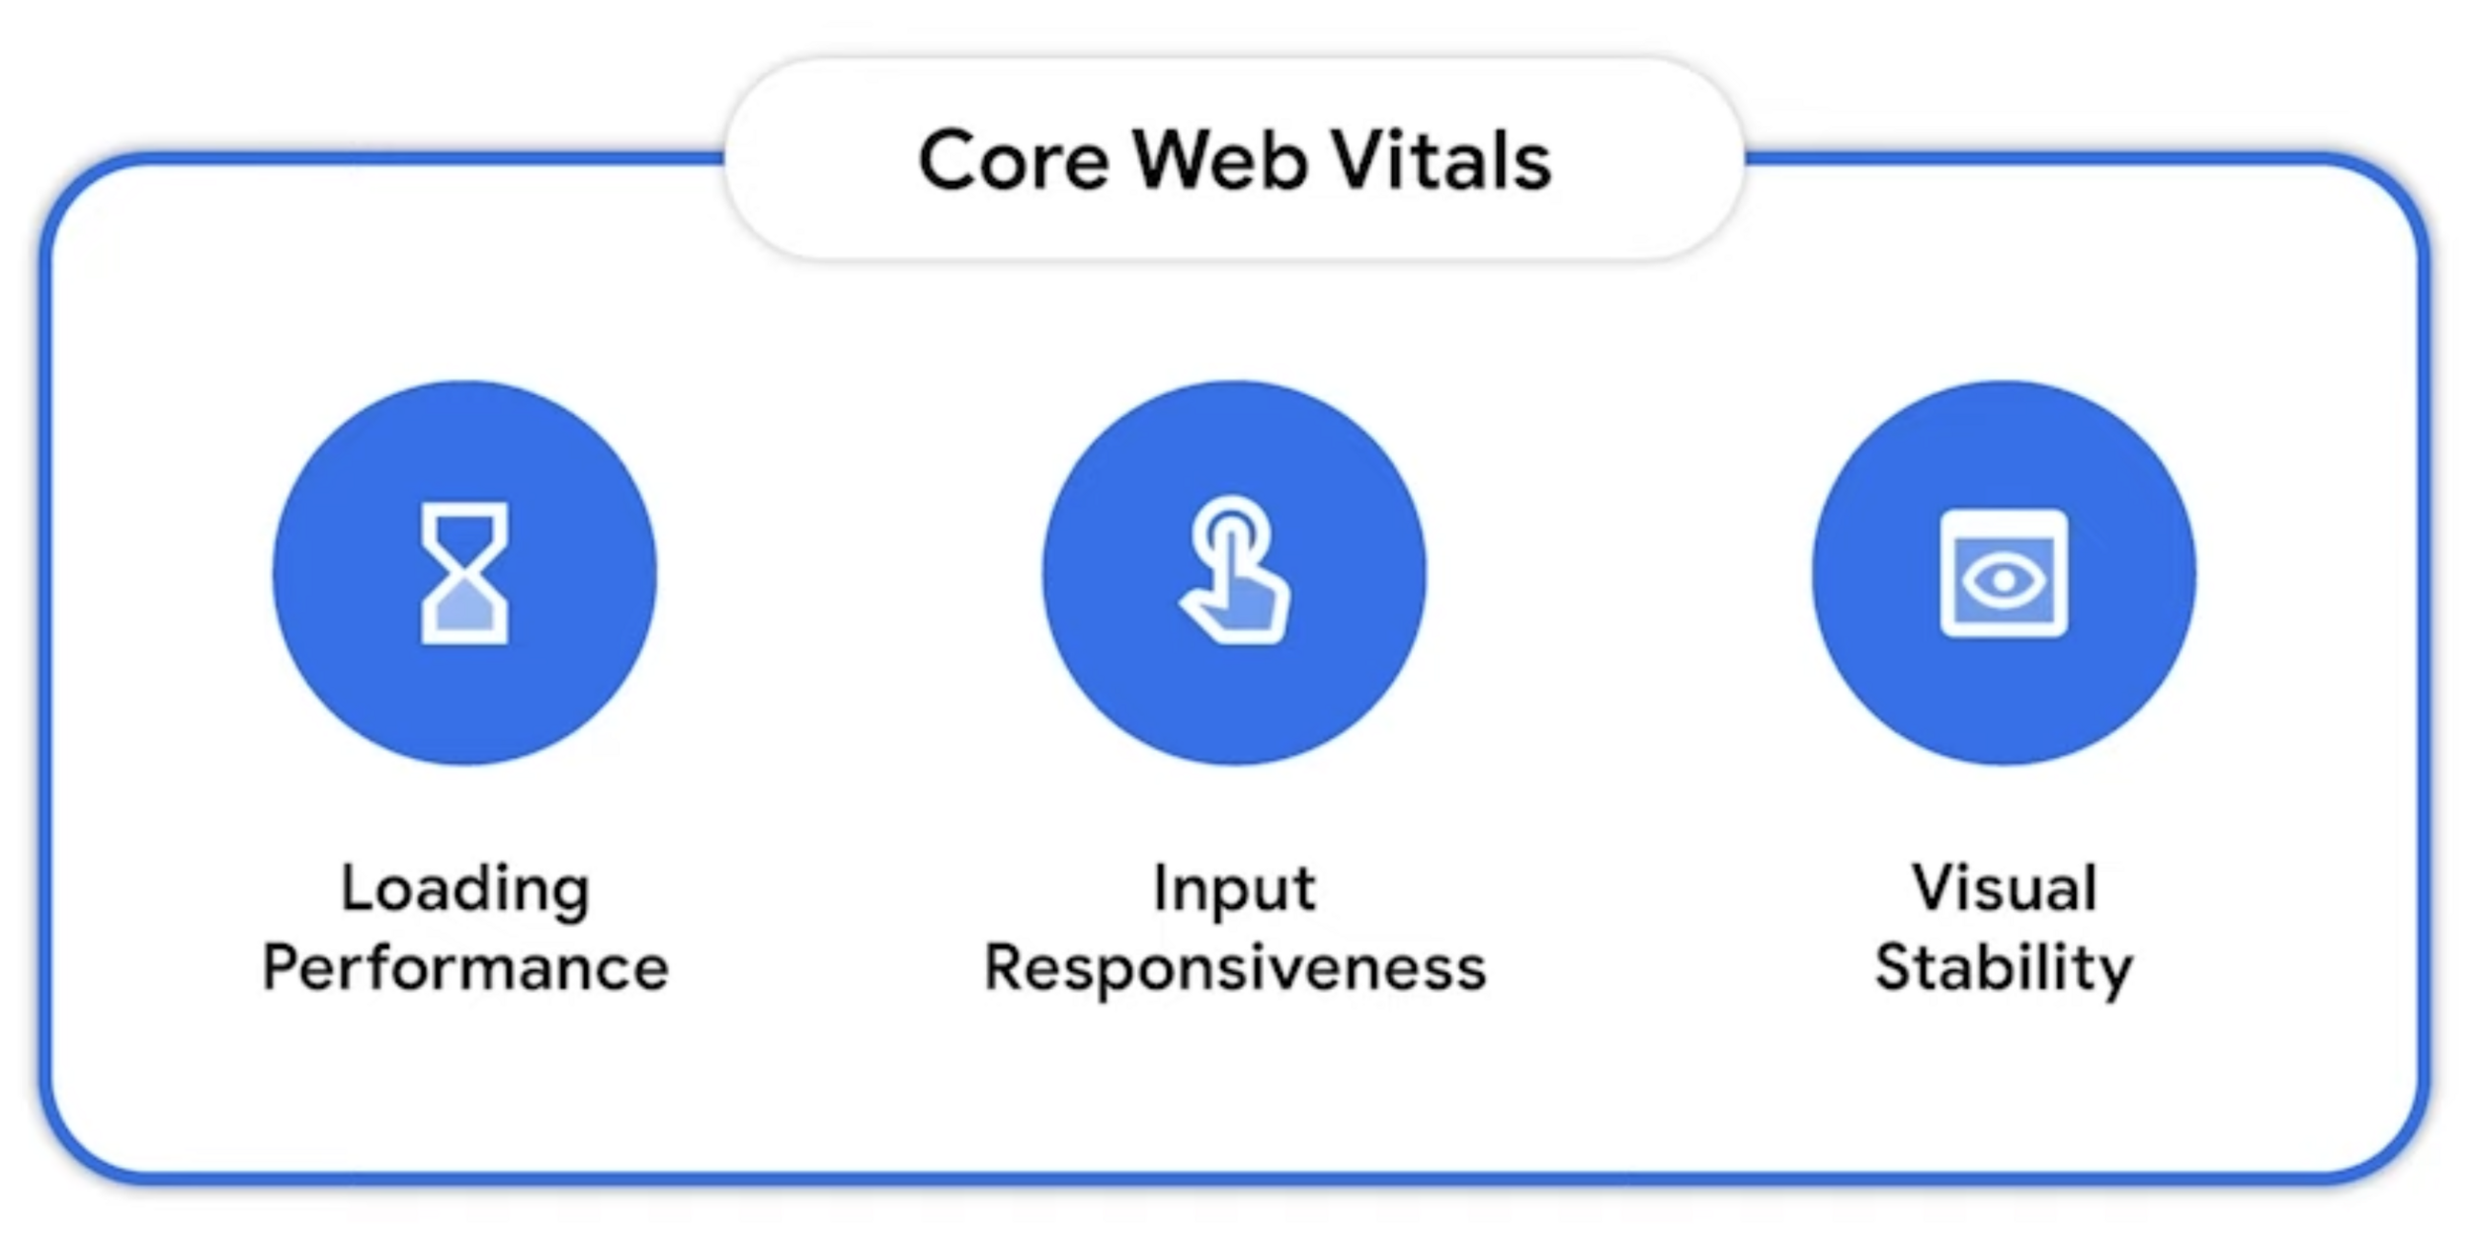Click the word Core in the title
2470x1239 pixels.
tap(1013, 160)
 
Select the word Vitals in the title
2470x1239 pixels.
tap(1442, 160)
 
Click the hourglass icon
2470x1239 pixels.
tap(464, 573)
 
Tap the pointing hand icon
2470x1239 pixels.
tap(1235, 573)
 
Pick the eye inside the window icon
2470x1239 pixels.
tap(2004, 579)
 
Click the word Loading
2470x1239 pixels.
tap(464, 889)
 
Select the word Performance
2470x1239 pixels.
tap(464, 968)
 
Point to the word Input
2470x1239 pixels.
tap(1234, 889)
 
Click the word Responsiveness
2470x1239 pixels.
tap(1235, 968)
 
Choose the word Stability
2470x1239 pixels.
tap(2004, 968)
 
